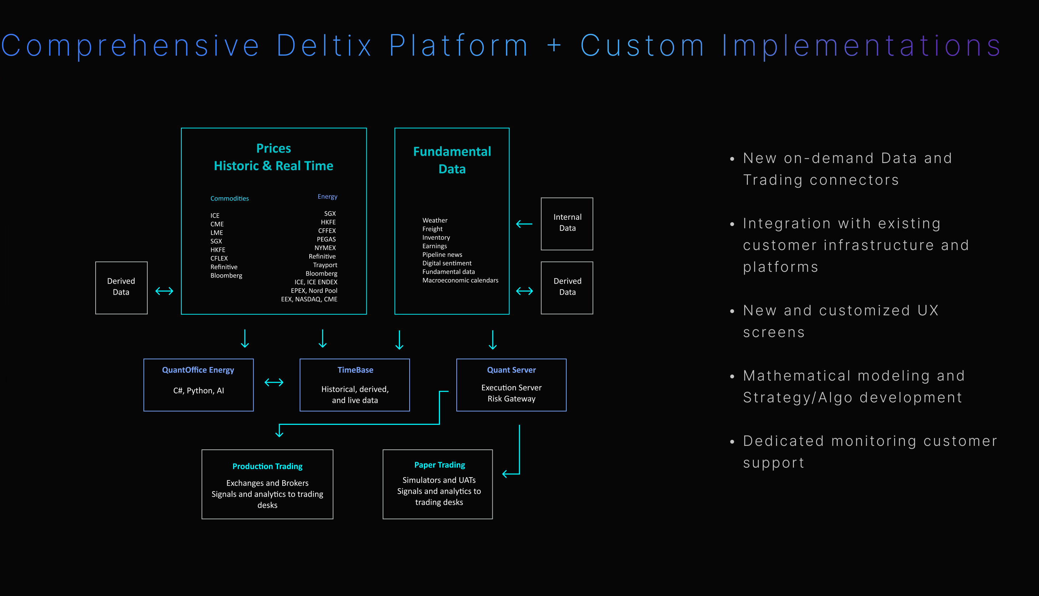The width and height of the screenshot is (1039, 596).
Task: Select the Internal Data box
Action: pos(567,224)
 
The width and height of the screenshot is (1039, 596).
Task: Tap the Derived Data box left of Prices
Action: pos(121,287)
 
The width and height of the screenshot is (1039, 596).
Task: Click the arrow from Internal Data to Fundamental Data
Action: pos(524,224)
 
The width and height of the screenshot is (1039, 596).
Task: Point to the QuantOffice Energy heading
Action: pos(198,370)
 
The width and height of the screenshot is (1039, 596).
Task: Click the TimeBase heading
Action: pos(355,370)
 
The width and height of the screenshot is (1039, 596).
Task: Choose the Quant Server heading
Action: pos(511,370)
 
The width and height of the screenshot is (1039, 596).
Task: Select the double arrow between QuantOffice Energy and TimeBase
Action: pos(274,382)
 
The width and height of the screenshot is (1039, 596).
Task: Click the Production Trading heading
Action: pos(267,466)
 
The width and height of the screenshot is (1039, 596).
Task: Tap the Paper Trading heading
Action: pos(439,465)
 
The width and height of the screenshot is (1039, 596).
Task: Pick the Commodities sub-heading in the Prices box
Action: pos(229,199)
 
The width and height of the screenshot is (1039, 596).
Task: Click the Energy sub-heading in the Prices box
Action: pos(327,197)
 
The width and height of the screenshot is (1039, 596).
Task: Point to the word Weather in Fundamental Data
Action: pos(435,220)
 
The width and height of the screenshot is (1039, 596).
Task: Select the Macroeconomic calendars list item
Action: pos(460,280)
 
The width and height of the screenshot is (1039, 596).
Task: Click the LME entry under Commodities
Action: pos(217,233)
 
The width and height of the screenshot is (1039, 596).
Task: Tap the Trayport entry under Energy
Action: pos(325,265)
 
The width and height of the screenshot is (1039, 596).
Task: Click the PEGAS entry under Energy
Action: pos(326,239)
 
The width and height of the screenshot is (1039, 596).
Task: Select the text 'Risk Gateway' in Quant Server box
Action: pos(511,399)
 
